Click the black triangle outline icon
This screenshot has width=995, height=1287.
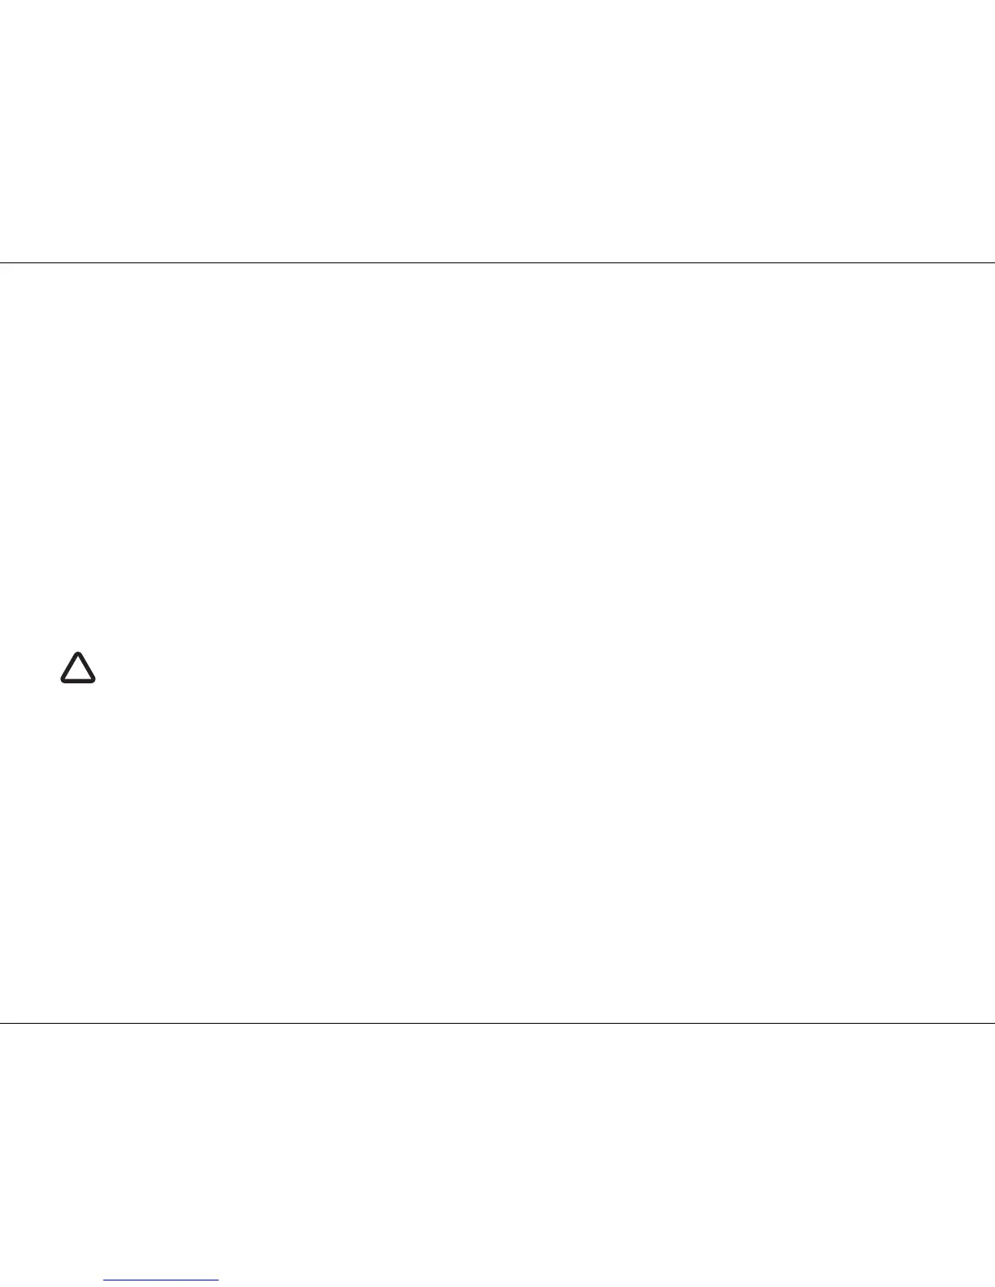click(x=78, y=668)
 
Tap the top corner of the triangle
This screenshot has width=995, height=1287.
click(x=78, y=652)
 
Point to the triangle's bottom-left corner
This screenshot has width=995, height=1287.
click(x=63, y=680)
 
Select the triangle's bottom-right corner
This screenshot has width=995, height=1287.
click(x=93, y=680)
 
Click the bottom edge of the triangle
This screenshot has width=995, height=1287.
click(x=78, y=680)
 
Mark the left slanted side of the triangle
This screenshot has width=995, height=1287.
click(x=69, y=667)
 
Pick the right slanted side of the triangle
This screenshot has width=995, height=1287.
click(x=87, y=667)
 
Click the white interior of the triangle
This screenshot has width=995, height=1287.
click(x=78, y=671)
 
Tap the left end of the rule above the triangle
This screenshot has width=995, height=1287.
click(x=2, y=262)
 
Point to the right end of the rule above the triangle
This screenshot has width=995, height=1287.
click(x=993, y=262)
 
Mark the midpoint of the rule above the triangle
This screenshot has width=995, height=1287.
click(x=497, y=262)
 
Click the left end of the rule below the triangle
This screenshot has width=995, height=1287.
click(x=2, y=1023)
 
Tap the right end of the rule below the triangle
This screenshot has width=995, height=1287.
click(x=993, y=1023)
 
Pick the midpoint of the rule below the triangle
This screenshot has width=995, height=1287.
click(x=497, y=1023)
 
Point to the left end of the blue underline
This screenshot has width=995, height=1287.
click(x=105, y=1281)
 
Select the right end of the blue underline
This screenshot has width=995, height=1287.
click(x=218, y=1281)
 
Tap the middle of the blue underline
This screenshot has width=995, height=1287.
click(x=162, y=1281)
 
